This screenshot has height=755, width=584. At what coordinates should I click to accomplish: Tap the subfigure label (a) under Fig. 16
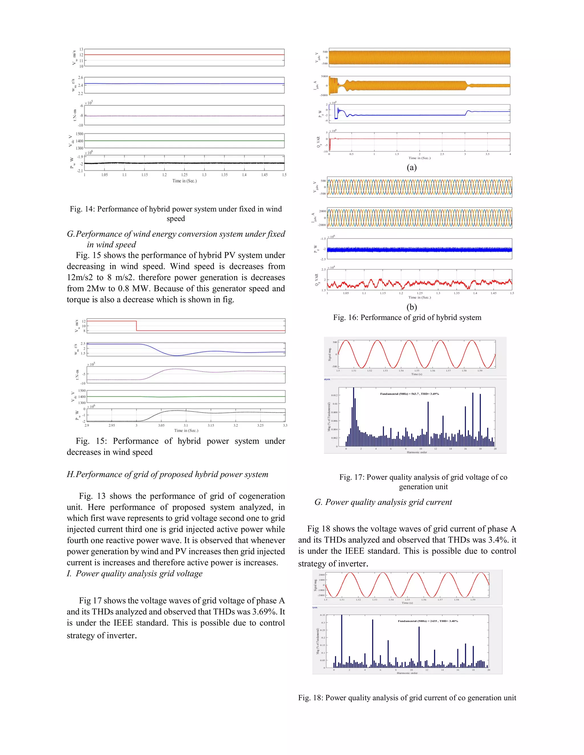tap(411, 167)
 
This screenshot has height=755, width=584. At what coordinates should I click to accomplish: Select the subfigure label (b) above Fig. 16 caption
tap(411, 307)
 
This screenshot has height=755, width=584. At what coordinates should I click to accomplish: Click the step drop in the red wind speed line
tap(136, 326)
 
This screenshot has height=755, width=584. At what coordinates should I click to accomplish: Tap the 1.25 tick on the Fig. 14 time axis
tap(184, 175)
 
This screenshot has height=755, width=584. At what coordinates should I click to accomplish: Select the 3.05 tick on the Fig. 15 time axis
tap(161, 425)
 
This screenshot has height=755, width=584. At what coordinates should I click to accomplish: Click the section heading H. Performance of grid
tap(167, 474)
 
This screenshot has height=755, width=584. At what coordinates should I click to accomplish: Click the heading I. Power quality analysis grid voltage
tap(135, 574)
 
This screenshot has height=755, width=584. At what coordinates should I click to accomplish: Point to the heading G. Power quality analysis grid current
tap(383, 502)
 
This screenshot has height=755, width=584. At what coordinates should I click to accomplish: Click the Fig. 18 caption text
tap(407, 698)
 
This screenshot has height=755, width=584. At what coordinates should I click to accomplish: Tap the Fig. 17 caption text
tap(423, 481)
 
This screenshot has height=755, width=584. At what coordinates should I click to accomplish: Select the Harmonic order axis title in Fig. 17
tap(417, 452)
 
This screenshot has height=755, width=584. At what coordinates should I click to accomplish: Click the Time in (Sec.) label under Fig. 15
tap(186, 430)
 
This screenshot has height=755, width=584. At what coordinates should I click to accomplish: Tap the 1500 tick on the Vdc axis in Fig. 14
tap(79, 134)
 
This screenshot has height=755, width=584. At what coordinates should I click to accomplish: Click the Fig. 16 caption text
tap(407, 317)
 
